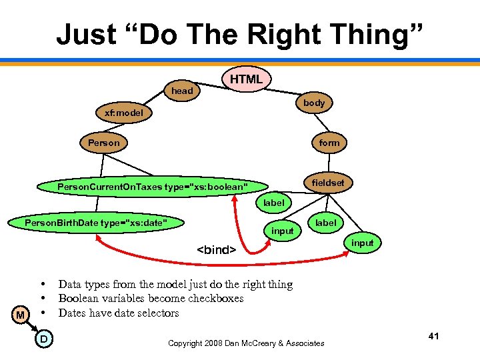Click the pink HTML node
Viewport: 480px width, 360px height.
[x=246, y=79]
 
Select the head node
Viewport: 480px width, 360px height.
[x=182, y=91]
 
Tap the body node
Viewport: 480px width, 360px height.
[x=314, y=103]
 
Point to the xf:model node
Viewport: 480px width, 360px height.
[x=124, y=113]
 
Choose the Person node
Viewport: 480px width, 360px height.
[x=104, y=143]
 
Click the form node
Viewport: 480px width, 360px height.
[x=329, y=143]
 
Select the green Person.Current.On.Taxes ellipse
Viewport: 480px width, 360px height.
[x=153, y=186]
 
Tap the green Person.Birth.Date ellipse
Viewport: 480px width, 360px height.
[x=95, y=222]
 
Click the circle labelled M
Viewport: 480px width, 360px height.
[x=21, y=315]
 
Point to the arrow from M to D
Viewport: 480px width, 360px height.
[x=31, y=327]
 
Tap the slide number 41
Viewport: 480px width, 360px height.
[x=433, y=336]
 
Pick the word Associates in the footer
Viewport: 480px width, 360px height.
[x=303, y=343]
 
